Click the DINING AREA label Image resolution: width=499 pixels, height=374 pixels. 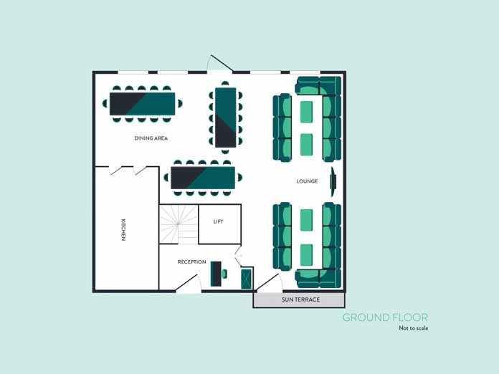coord(151,138)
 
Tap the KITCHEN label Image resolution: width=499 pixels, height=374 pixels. coord(123,229)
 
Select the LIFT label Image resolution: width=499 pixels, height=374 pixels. coord(218,221)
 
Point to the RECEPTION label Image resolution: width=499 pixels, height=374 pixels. coord(191,262)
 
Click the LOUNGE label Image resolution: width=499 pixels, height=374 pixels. coord(307,181)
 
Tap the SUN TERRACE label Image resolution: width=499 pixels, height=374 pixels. coord(300,299)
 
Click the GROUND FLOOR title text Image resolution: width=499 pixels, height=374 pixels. coord(385,317)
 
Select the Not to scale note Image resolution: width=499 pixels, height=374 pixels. coord(414,328)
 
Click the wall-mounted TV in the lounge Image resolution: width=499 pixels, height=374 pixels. coord(333,181)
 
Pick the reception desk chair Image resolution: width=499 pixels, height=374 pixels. coord(224,274)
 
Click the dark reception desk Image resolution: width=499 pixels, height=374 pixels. coord(216,274)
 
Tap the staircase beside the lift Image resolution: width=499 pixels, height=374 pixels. coord(179,224)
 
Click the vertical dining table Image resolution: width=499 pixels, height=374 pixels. coord(226,118)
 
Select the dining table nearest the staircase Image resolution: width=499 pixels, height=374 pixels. coord(203,178)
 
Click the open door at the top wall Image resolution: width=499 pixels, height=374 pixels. coord(220,63)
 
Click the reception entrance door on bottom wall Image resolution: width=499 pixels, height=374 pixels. coord(189,282)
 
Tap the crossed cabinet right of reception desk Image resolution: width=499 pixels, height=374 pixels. coord(247,279)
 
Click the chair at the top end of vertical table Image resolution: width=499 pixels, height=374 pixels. coord(225,84)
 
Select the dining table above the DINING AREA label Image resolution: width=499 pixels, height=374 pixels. coord(142,104)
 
